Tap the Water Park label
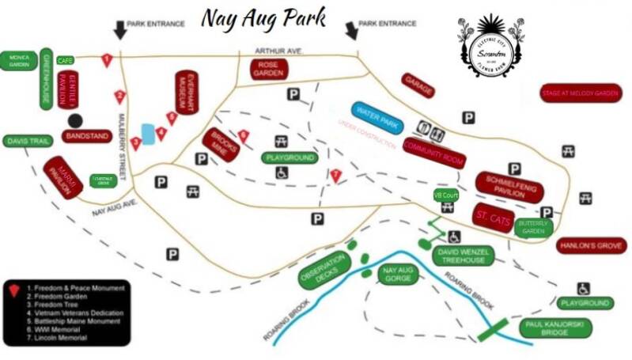coord(377,118)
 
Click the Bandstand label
coord(87,137)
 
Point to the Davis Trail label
coord(28,141)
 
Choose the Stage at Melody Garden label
coord(579,93)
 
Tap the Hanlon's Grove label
coord(591,246)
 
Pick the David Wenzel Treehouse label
coord(465,255)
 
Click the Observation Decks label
coord(323,270)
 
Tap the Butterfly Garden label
coord(532,227)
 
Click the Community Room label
coord(433,154)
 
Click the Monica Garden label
coord(18,61)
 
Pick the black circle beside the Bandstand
coord(75,120)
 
